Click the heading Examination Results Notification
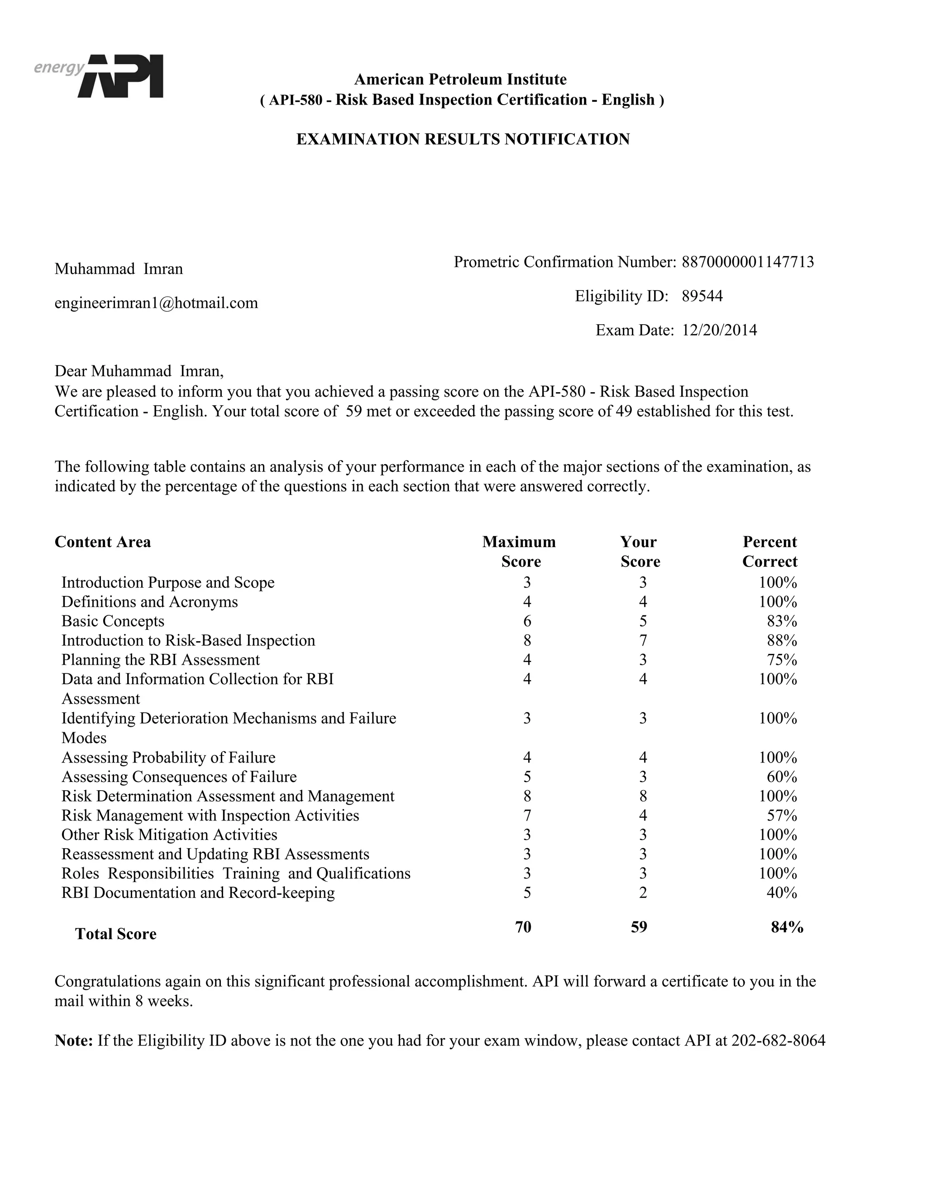click(463, 139)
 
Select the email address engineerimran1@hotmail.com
click(156, 303)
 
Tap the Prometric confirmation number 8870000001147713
click(747, 262)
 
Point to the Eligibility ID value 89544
click(702, 296)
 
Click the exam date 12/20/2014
click(719, 330)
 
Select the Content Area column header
click(103, 542)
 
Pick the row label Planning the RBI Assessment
click(160, 659)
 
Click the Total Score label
click(116, 934)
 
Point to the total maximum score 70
click(523, 927)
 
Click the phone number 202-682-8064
click(778, 1041)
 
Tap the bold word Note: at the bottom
click(74, 1041)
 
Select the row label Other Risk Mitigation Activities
click(169, 835)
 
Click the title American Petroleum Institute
click(460, 79)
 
